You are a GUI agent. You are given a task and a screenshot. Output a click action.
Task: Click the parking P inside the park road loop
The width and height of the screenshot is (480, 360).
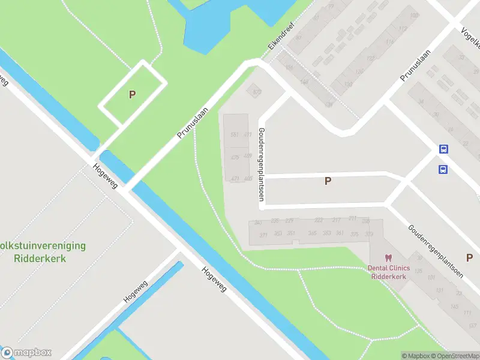[x=132, y=94]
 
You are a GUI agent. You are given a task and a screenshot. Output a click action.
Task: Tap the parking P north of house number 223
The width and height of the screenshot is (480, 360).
[x=328, y=181]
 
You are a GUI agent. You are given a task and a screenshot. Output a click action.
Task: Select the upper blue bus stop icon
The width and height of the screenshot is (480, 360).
[x=443, y=149]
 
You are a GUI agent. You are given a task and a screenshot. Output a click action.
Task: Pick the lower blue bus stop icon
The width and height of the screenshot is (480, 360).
[x=443, y=169]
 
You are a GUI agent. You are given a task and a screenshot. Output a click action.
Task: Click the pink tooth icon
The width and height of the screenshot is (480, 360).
[x=388, y=258]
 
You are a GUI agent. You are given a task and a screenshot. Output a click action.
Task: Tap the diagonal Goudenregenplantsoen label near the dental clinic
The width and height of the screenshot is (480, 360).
[x=436, y=251]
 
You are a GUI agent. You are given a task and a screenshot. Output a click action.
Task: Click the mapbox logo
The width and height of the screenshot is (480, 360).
[x=26, y=353]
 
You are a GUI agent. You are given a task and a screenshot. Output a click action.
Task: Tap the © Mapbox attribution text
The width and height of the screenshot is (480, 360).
[x=418, y=356]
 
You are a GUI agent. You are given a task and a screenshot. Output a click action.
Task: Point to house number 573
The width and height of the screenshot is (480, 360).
[x=257, y=92]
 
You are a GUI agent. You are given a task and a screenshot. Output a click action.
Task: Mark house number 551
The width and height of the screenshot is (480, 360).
[x=235, y=134]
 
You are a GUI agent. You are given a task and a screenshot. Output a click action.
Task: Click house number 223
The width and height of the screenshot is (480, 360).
[x=319, y=220]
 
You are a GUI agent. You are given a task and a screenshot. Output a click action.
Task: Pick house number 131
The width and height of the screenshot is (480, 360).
[x=439, y=290]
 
